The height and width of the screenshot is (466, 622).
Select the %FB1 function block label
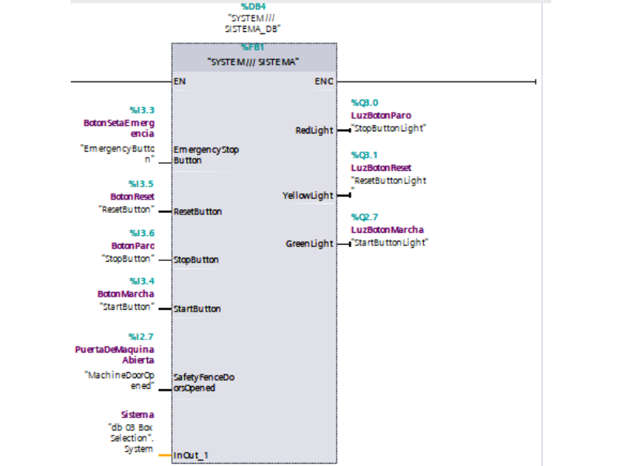click(x=253, y=47)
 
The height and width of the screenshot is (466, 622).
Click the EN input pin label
click(x=180, y=81)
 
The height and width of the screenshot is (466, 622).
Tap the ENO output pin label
click(x=324, y=81)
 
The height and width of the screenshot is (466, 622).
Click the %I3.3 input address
click(x=142, y=110)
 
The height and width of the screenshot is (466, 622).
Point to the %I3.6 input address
click(x=142, y=233)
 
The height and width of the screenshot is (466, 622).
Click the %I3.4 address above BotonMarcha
click(x=142, y=281)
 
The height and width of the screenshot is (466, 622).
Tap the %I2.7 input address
click(x=142, y=336)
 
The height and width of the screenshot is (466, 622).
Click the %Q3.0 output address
click(x=365, y=103)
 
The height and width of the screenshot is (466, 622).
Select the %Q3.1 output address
click(x=365, y=155)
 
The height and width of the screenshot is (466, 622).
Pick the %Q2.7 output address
click(x=365, y=217)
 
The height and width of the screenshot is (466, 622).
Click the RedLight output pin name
click(x=313, y=130)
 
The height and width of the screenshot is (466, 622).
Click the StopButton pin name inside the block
click(x=196, y=260)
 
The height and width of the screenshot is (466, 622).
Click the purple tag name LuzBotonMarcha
click(x=387, y=230)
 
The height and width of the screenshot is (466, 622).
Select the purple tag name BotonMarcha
click(x=125, y=294)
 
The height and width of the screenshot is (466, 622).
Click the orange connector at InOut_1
click(x=164, y=454)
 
